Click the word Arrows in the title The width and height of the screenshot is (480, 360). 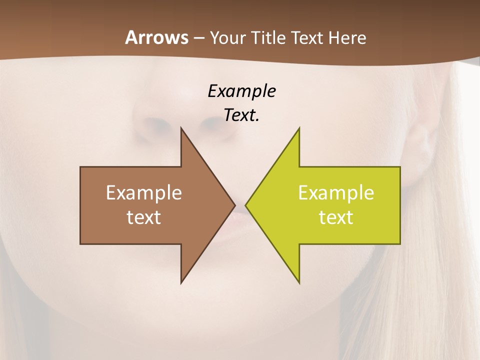[x=156, y=37]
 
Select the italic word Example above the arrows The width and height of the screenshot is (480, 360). [x=241, y=91]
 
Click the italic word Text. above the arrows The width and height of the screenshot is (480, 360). [x=241, y=115]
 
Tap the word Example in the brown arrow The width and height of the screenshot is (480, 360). [x=144, y=193]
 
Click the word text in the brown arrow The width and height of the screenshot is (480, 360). [x=144, y=217]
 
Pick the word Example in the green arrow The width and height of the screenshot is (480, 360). [x=336, y=193]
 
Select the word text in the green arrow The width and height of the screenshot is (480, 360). [x=336, y=217]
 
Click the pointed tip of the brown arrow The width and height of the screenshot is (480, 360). [x=234, y=205]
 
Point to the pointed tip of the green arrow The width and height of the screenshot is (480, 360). [x=246, y=205]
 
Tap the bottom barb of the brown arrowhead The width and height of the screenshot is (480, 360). [x=182, y=281]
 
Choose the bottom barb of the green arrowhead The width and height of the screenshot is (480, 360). [x=298, y=281]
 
